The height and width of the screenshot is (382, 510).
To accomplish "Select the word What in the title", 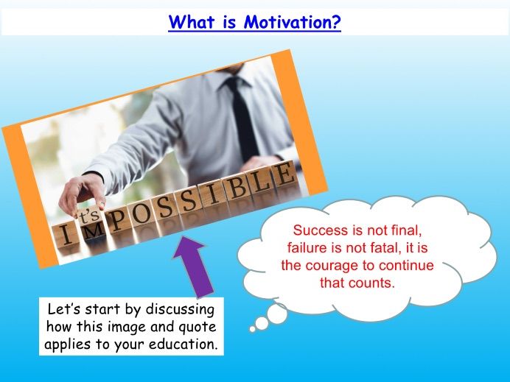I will click(192, 22).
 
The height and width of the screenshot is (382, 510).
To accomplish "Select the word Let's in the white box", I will click(61, 307).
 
